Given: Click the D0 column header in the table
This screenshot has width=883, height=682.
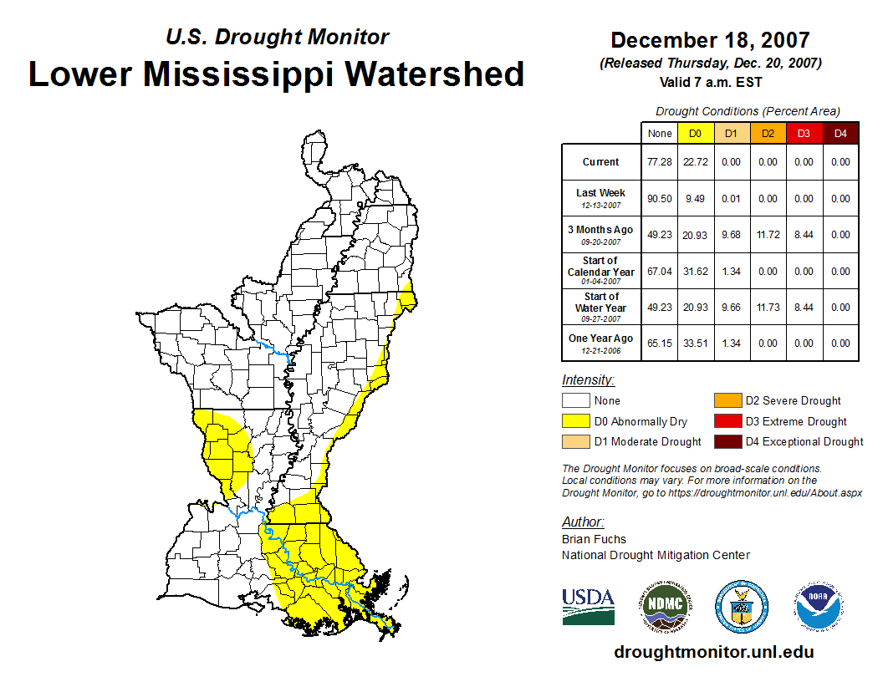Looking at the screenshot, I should point(695,134).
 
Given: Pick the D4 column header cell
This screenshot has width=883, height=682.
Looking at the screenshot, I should point(840,134).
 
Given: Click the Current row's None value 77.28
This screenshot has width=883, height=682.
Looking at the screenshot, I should point(660,162).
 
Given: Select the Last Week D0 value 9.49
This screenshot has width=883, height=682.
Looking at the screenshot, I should point(695,199).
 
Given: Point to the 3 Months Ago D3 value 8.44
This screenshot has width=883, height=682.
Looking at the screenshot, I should point(804,235).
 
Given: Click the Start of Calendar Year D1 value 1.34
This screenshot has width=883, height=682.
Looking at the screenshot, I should point(731,272).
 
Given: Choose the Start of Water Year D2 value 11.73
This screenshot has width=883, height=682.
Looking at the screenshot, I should point(767,308).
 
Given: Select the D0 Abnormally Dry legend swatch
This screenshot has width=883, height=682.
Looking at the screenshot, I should point(576,421).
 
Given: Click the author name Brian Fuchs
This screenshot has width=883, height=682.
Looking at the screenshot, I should point(594,539).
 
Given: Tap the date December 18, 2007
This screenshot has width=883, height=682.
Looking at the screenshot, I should point(710,40).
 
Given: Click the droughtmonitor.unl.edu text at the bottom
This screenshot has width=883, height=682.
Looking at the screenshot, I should point(713,652).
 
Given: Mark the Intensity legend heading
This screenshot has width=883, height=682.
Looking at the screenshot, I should point(588,380).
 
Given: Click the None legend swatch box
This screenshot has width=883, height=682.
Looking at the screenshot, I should point(576,401).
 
